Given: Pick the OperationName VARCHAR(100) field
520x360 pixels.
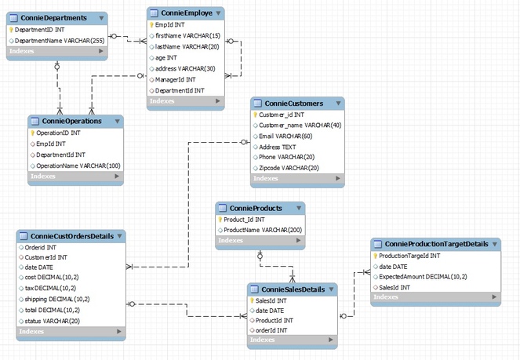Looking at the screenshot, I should tap(78, 165).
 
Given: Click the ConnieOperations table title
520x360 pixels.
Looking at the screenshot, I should tap(72, 122).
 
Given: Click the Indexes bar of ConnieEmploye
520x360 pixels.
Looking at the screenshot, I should tap(185, 101).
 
